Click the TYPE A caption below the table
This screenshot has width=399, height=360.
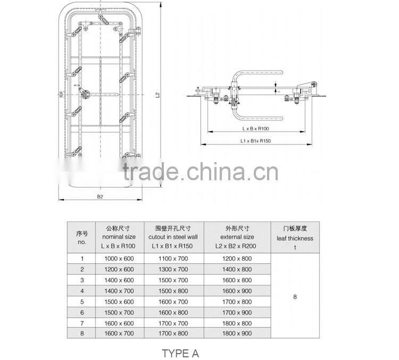point(180,353)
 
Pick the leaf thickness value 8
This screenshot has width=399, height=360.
point(295,297)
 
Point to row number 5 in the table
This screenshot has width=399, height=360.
point(82,302)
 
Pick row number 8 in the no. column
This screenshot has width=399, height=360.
point(82,333)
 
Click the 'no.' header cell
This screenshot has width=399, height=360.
point(82,237)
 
